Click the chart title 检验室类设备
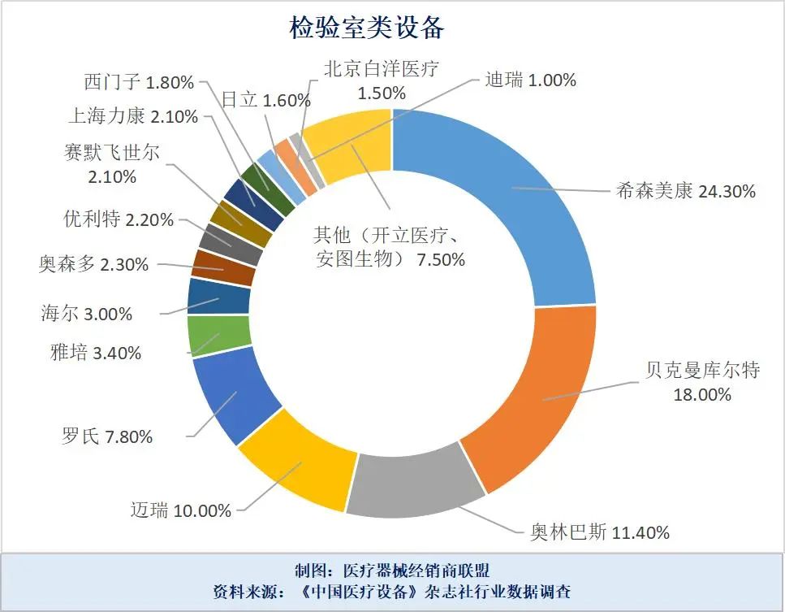(x=368, y=27)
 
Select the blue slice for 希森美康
(x=503, y=203)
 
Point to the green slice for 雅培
(x=206, y=336)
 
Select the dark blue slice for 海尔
(x=206, y=297)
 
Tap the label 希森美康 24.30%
(x=686, y=192)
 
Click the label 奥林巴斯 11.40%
(x=600, y=533)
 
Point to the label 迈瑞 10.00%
(x=181, y=510)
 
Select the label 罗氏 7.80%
(x=107, y=436)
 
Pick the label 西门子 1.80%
(x=139, y=82)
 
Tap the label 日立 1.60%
(x=266, y=100)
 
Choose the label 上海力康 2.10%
(x=133, y=116)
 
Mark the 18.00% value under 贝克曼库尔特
(x=702, y=395)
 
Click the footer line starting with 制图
(x=392, y=570)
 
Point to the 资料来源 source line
(x=392, y=592)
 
